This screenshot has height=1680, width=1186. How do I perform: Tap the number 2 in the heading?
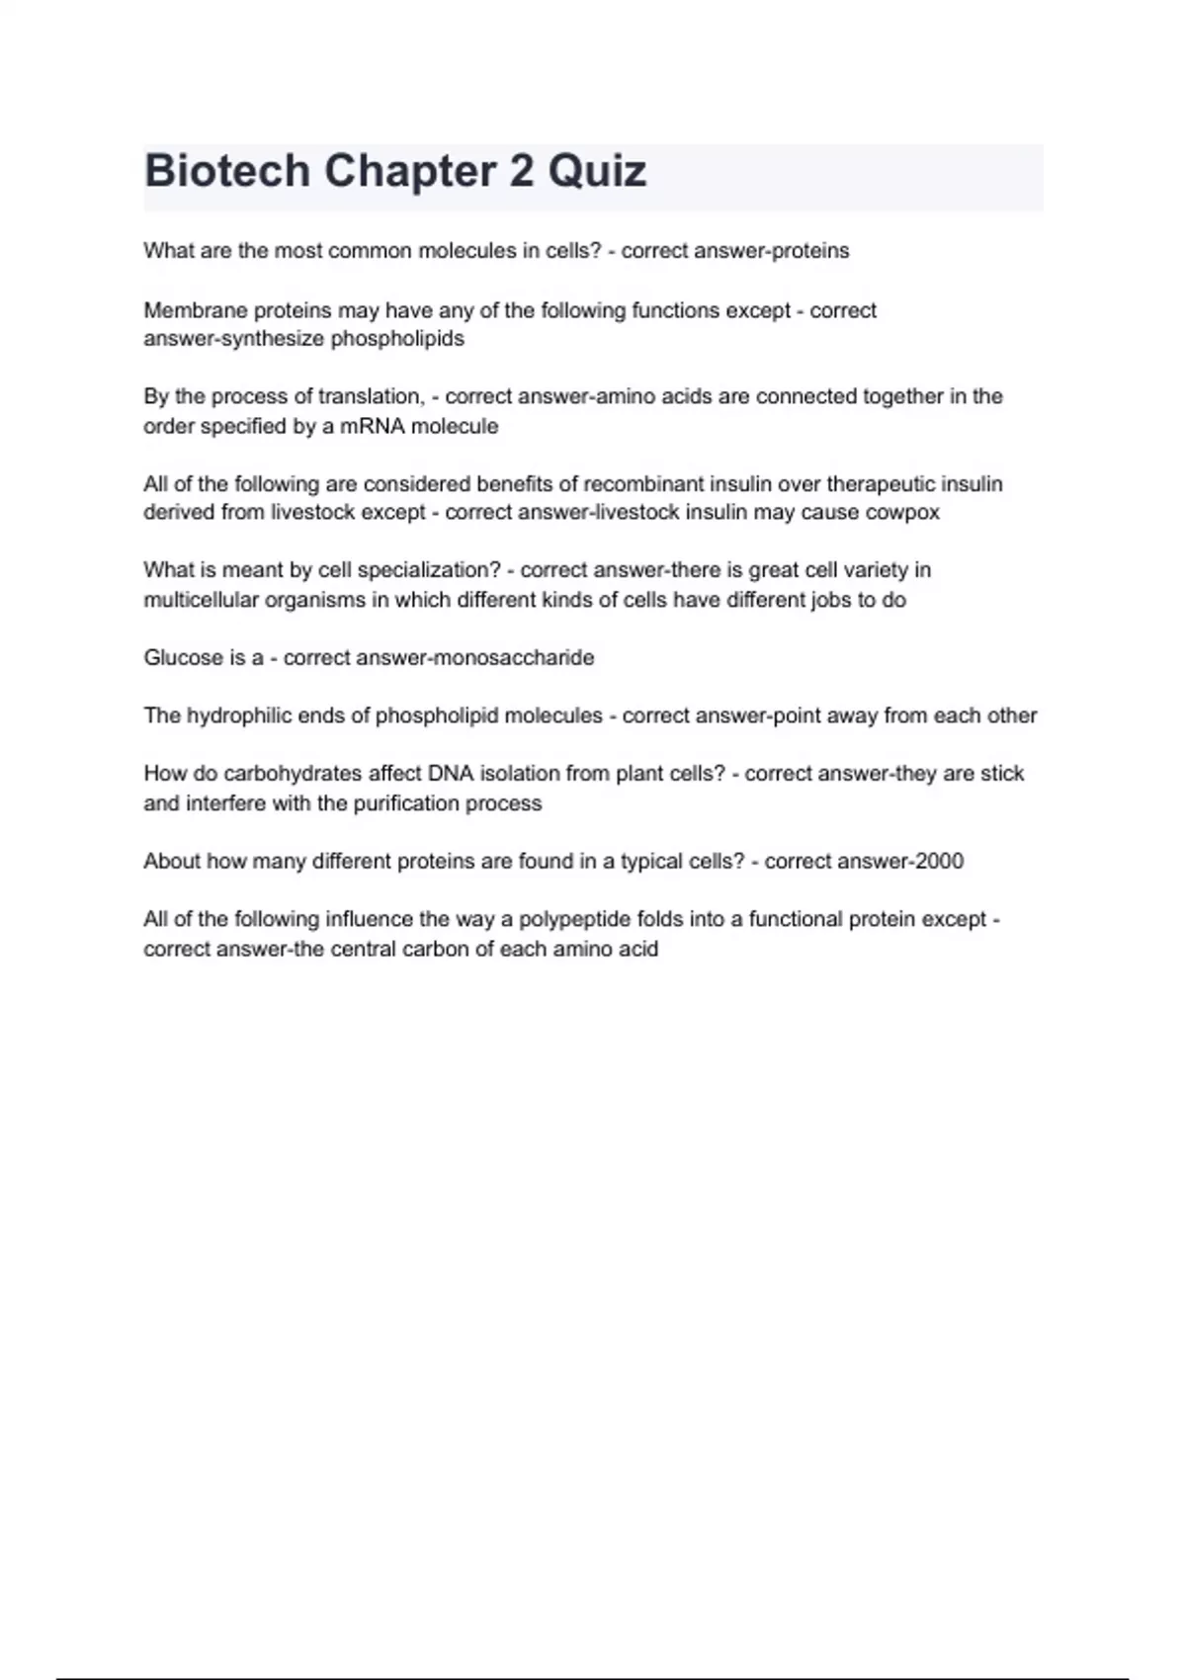[x=521, y=171]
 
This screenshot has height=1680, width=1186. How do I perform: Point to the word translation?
[x=371, y=396]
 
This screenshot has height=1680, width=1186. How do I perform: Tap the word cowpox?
[x=902, y=512]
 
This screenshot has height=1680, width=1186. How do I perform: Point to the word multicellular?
[x=201, y=600]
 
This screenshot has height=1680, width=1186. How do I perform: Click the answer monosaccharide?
[x=515, y=657]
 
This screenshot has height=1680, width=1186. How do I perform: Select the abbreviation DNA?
[x=451, y=773]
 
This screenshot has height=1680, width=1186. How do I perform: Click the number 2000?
[x=939, y=861]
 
